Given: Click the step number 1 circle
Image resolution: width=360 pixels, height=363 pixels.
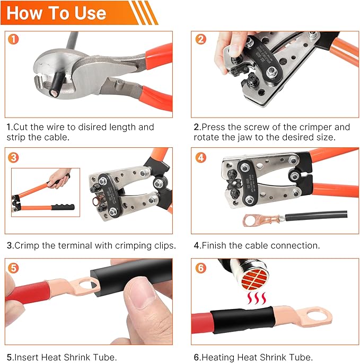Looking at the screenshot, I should coord(13,39).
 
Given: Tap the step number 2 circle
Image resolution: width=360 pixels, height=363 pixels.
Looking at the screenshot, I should coord(200,39).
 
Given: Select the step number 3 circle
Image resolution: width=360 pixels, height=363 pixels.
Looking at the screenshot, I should coord(13,157).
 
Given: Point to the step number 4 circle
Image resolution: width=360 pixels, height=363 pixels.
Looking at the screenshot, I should coord(200,157).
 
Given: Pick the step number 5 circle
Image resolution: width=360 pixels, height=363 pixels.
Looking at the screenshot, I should coord(13,268).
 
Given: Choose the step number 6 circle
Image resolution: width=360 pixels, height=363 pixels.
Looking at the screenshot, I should coord(200,268).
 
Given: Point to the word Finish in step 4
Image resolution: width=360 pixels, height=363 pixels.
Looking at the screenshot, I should coord(216,246).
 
